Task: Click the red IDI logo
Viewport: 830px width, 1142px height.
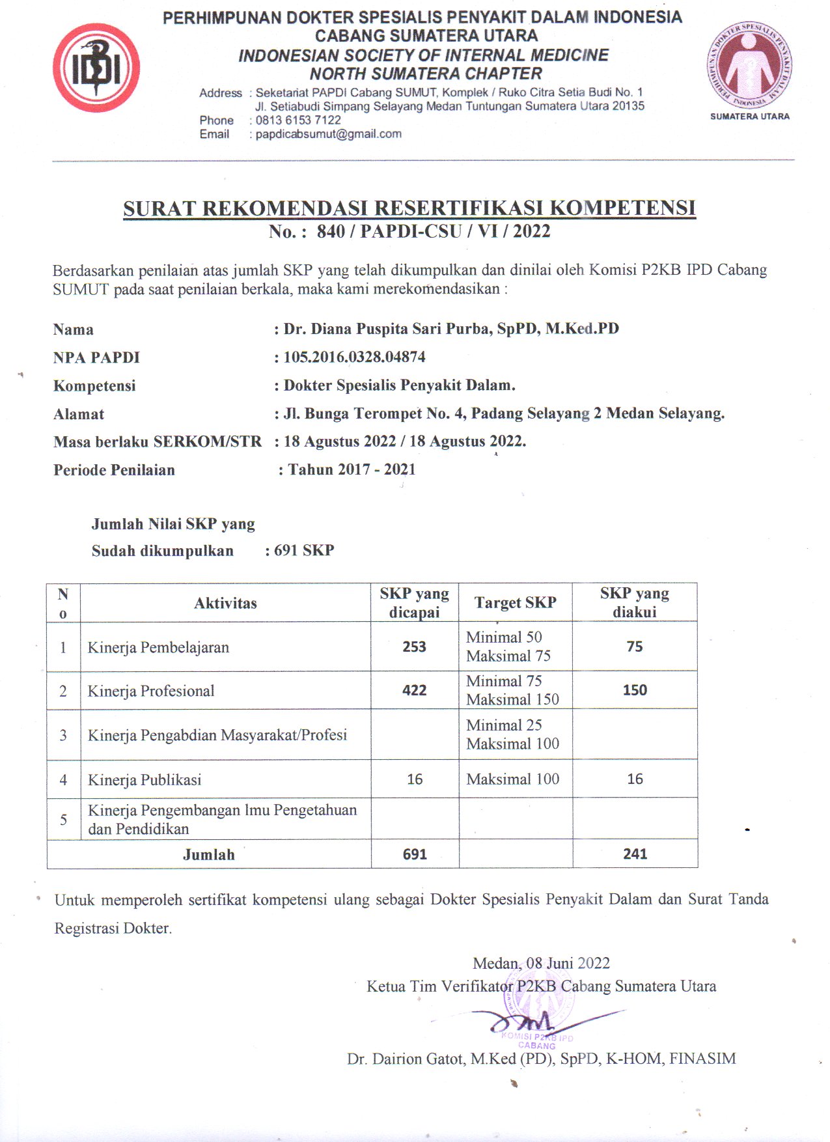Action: click(96, 68)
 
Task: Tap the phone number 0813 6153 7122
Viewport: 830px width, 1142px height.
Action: click(298, 120)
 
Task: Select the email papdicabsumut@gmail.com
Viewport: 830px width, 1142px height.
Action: click(328, 134)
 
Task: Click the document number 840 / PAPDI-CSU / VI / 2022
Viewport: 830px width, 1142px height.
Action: click(433, 232)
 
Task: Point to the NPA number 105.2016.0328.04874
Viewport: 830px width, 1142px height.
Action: click(354, 357)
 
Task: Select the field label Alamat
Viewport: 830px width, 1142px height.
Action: click(79, 414)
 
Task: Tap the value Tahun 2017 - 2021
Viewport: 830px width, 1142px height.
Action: click(352, 469)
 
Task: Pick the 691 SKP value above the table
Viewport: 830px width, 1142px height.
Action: click(304, 551)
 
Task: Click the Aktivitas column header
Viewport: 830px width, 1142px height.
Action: click(225, 603)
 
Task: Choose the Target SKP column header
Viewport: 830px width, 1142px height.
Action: click(515, 603)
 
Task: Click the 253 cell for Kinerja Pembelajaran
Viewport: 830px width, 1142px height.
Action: click(414, 647)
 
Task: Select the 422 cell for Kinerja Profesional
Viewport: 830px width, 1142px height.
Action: click(414, 690)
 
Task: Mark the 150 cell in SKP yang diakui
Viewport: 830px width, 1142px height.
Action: click(635, 690)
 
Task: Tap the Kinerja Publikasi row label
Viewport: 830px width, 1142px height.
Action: click(145, 779)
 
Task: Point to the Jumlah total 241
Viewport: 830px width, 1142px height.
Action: click(635, 854)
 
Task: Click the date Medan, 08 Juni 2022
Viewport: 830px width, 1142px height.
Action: click(541, 963)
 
